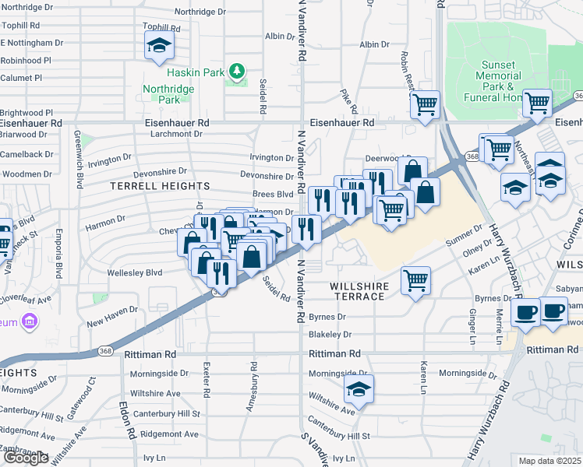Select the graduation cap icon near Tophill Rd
pos(159,47)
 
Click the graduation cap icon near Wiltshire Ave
pos(359,388)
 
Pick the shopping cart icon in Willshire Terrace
pos(416,279)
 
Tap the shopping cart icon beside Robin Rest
pos(425,104)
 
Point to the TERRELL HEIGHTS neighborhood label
pos(160,186)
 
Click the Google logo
pos(26,457)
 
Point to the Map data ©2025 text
pos(549,461)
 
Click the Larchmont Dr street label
pos(172,134)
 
